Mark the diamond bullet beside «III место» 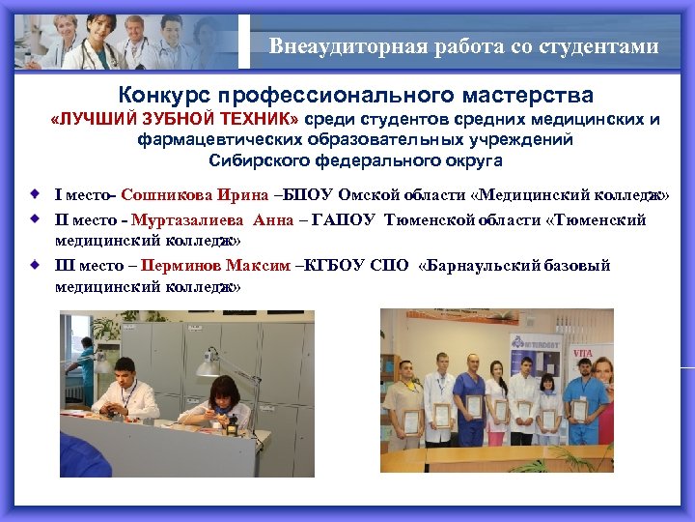pos(35,263)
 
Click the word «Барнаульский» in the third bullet pos(486,265)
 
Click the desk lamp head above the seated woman pos(208,366)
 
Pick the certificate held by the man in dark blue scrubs pos(473,406)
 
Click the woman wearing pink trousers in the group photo pos(548,406)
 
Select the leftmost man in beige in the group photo pos(410,401)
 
